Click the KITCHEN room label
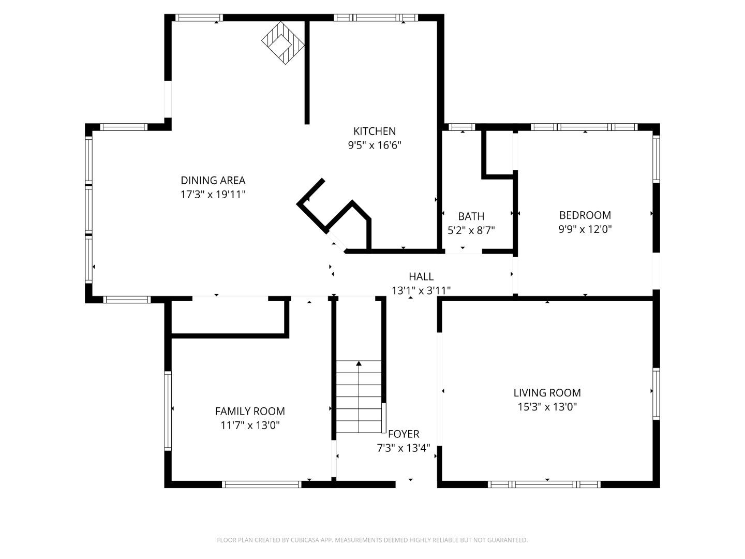coord(374,131)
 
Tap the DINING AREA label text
coord(213,181)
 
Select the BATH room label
coord(471,216)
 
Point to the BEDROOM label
coord(585,215)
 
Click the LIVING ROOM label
coord(547,393)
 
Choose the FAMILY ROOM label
coord(250,411)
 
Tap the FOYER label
coord(404,434)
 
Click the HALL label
coord(421,277)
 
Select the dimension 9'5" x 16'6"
coord(374,145)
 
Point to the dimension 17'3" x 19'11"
coord(213,195)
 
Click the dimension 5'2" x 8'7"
coord(471,230)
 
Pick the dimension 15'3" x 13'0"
coord(547,407)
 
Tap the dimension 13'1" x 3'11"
coord(421,291)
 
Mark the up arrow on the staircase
coord(359,364)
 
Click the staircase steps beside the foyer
coord(359,399)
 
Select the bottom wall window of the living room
coord(544,484)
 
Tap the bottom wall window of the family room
coord(261,484)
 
